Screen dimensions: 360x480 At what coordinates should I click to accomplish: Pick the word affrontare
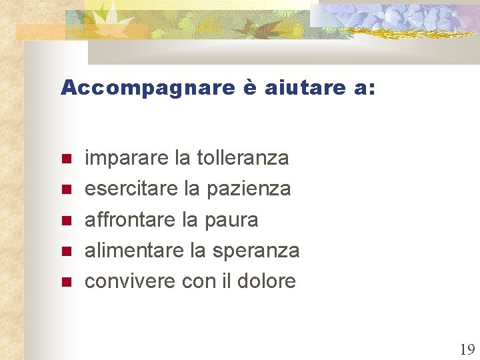point(129,219)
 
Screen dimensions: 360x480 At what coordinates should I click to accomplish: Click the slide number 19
point(467,349)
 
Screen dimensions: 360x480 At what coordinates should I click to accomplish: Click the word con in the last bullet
point(198,281)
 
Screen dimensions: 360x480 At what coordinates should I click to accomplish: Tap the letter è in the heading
point(249,88)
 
